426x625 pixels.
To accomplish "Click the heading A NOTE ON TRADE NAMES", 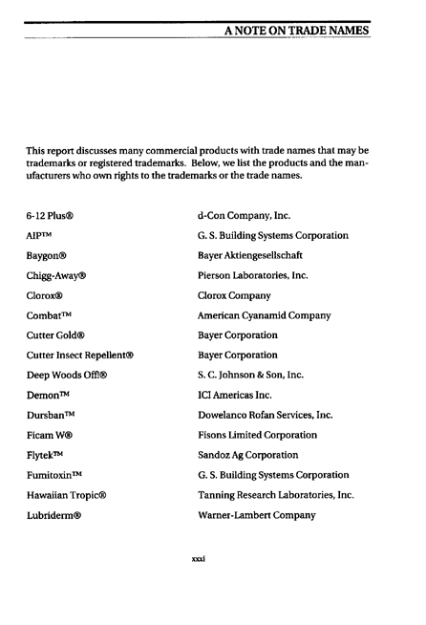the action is click(x=296, y=31).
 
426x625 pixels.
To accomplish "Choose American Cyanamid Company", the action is click(x=264, y=316).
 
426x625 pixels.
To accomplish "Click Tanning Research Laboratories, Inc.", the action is click(x=275, y=496).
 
